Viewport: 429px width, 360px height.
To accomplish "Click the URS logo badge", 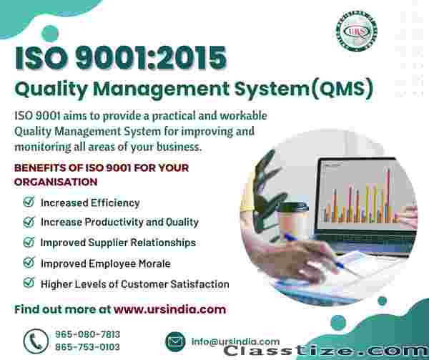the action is (357, 31).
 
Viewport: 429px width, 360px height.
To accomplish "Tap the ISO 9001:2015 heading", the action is (121, 58).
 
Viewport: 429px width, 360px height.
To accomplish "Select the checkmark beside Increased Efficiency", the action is (29, 202).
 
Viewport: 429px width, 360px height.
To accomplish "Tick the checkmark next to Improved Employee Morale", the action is (29, 263).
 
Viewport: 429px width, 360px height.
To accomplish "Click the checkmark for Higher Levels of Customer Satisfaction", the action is (29, 283).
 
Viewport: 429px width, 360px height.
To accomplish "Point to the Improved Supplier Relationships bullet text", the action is (118, 243).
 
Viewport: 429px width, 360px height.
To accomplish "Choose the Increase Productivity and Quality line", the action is (119, 222).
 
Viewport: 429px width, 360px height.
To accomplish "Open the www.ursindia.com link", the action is (170, 309).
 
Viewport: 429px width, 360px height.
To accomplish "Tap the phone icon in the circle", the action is (36, 341).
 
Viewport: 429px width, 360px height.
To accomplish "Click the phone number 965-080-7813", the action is (87, 334).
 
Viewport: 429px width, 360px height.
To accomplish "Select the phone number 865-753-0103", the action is (87, 347).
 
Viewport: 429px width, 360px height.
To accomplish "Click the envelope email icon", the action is (175, 341).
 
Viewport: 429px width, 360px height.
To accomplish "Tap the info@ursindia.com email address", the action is (235, 341).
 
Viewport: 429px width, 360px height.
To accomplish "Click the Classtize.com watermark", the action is (326, 351).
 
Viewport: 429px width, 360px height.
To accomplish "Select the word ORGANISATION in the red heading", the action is (56, 182).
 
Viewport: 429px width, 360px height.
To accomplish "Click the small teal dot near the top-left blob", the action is (50, 34).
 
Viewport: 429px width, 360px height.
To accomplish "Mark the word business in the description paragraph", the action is (179, 147).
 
